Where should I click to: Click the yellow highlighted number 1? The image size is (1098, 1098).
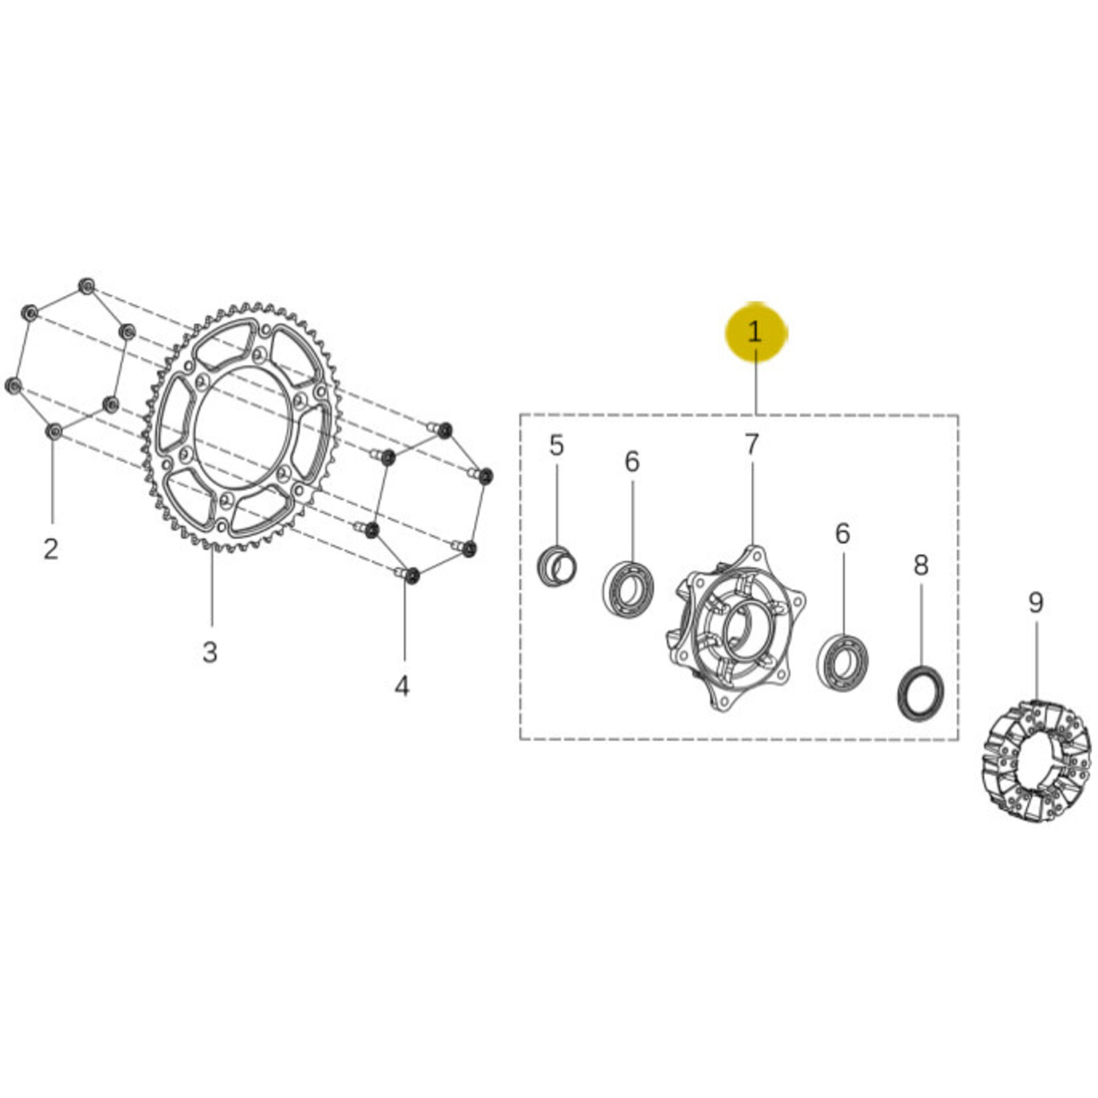[755, 332]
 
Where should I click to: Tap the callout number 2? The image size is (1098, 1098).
[51, 549]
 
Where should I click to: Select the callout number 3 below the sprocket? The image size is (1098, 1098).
[210, 653]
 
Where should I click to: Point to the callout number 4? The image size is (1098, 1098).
[402, 685]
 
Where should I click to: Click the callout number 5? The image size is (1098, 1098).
[557, 445]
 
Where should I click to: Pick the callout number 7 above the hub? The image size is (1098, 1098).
[752, 445]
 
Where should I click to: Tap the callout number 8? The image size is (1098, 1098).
[921, 565]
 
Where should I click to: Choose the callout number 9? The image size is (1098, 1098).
[1036, 603]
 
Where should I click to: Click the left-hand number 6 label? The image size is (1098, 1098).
[632, 461]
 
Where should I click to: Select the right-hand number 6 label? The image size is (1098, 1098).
[843, 533]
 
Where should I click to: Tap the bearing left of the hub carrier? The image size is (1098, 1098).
[628, 589]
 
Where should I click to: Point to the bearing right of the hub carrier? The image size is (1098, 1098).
[842, 663]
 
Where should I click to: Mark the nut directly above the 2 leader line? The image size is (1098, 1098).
[54, 431]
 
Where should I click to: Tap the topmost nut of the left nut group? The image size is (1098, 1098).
[86, 286]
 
